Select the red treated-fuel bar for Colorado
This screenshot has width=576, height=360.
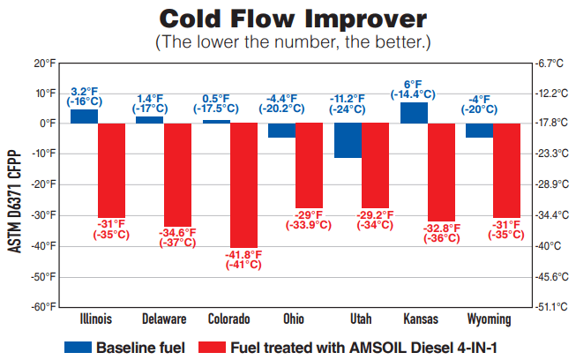tap(244, 185)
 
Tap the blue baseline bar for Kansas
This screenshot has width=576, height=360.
tap(414, 113)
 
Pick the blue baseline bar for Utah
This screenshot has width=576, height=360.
tap(348, 140)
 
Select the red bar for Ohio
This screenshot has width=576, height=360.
tap(310, 165)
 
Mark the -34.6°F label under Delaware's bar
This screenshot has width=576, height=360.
tap(177, 237)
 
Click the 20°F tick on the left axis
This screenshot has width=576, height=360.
tap(43, 64)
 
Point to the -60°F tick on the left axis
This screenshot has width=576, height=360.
tap(41, 307)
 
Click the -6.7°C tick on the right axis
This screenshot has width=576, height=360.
tap(550, 64)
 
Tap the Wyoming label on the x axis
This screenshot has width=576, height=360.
tap(479, 319)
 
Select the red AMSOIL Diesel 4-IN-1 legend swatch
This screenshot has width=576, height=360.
tap(213, 349)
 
